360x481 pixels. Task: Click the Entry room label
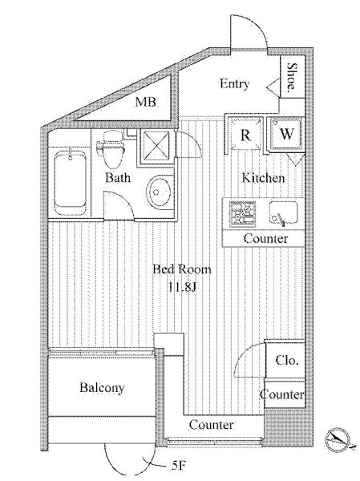tap(234, 83)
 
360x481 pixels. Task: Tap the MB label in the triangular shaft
tap(146, 102)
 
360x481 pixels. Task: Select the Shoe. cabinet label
tap(292, 78)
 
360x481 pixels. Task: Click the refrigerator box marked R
tap(245, 134)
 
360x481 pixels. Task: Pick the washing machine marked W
tap(285, 134)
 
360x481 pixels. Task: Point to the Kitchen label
tap(263, 178)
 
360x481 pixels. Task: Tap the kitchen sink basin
tap(283, 213)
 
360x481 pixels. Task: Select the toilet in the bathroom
tap(111, 150)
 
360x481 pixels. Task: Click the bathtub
tap(70, 182)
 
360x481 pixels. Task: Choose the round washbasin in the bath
tap(160, 192)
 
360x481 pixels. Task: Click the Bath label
tap(118, 178)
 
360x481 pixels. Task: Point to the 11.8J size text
tap(182, 287)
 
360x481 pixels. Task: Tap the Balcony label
tap(102, 387)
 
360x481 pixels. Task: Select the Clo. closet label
tap(287, 360)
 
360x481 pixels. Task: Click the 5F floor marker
tap(178, 466)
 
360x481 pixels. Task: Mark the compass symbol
tap(338, 439)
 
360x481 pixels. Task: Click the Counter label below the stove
tap(265, 238)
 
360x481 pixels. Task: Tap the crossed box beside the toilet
tap(155, 147)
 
